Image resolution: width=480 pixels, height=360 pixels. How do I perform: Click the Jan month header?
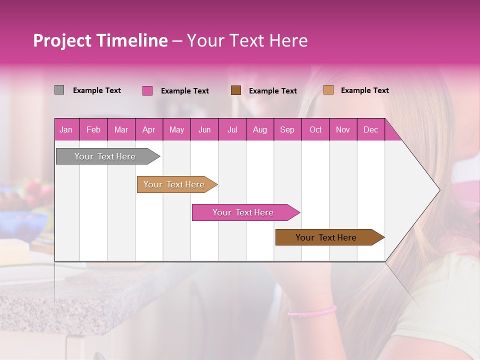point(66,129)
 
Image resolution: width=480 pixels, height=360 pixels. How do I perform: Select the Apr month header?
point(148,129)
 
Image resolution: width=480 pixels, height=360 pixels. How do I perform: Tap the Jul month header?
point(232,129)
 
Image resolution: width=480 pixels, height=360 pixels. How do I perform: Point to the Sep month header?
point(287,129)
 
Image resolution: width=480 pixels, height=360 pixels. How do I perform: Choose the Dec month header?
point(370,129)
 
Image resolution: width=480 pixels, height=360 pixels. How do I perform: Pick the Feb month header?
point(93,129)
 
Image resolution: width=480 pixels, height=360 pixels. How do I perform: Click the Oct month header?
point(315,129)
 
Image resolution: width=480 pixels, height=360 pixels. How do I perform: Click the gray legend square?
point(59,90)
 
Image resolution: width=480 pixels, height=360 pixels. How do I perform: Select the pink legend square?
point(147,90)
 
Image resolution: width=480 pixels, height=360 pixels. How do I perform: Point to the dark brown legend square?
point(236,90)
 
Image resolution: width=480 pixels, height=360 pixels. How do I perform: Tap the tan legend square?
point(328,90)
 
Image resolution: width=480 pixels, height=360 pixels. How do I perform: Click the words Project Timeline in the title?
point(100,40)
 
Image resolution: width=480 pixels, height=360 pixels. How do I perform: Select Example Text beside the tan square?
point(364,90)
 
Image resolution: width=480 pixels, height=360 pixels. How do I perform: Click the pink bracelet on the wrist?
point(312,312)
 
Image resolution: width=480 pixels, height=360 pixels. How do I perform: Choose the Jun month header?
point(204,129)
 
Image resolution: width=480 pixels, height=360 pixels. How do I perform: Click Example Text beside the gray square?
point(97,90)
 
